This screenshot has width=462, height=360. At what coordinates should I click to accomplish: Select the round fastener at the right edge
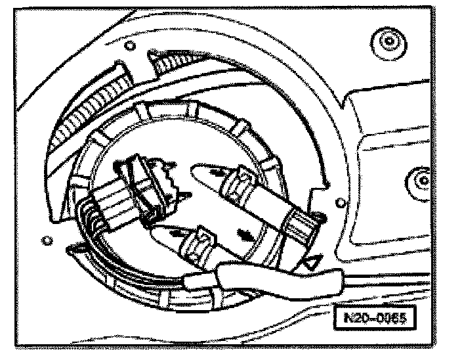417,176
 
